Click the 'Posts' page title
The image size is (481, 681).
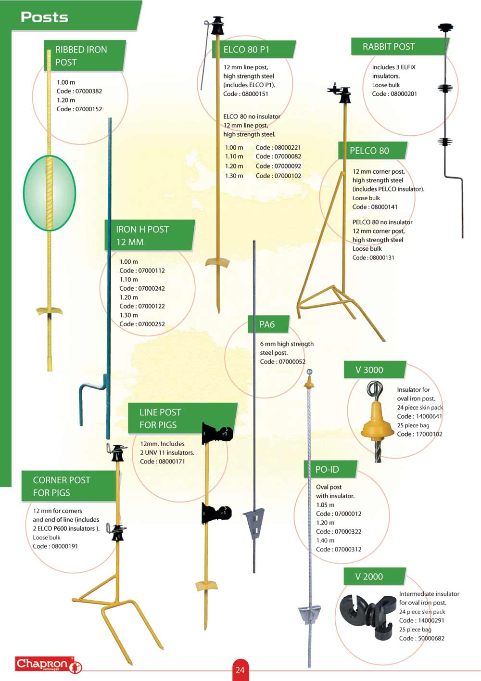tap(44, 17)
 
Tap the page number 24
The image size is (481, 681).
tap(240, 669)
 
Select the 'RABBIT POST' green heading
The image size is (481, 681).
tap(389, 47)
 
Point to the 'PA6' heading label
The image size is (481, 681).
tap(267, 324)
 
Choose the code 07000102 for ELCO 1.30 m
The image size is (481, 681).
tap(287, 176)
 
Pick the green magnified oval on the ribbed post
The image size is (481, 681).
tap(50, 193)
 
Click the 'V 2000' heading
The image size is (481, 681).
tap(369, 577)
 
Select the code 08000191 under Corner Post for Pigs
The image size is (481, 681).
tap(63, 546)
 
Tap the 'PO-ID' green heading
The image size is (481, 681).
tap(327, 469)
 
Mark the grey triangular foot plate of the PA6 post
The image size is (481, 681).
tap(254, 522)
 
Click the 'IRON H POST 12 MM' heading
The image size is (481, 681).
tap(142, 235)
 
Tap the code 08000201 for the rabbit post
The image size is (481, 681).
tap(404, 94)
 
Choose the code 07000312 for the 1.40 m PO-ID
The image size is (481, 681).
tap(348, 549)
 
